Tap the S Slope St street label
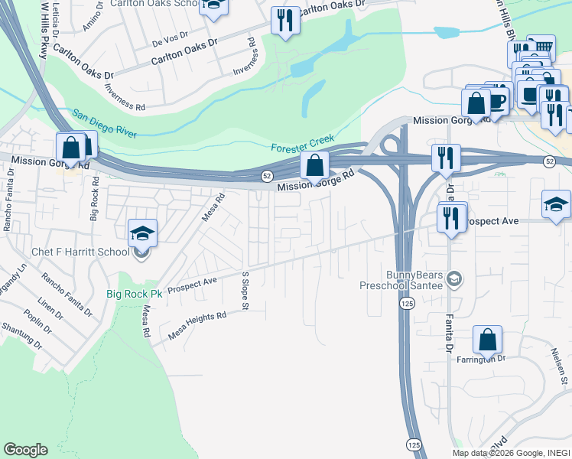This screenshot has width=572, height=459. [245, 291]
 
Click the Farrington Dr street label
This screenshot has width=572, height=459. [482, 358]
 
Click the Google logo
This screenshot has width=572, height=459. [25, 450]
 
